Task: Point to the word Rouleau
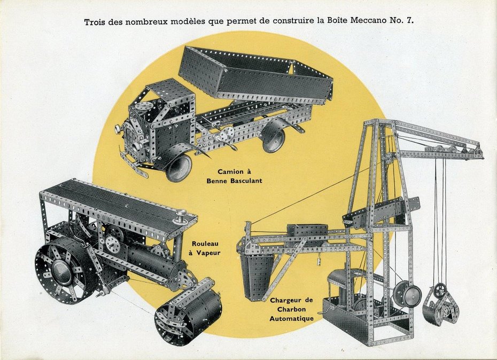[x=205, y=244]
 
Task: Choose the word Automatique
[x=292, y=318]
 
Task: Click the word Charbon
[x=292, y=309]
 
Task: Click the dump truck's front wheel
[x=179, y=167]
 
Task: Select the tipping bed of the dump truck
[x=255, y=74]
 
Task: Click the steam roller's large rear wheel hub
[x=60, y=273]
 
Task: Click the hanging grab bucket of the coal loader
[x=440, y=306]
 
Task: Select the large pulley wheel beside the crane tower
[x=407, y=294]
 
